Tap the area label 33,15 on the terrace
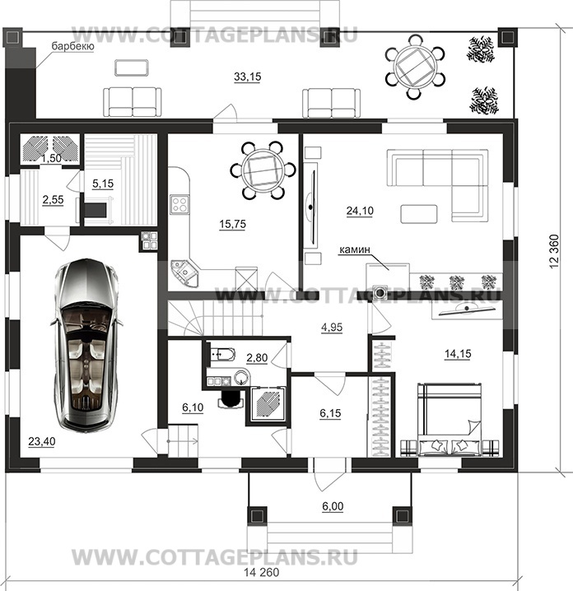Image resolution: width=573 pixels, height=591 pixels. (x=247, y=77)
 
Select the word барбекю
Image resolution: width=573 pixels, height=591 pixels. (x=72, y=46)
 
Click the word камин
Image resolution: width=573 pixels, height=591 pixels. (x=355, y=249)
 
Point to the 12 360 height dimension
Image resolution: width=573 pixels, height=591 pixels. (x=554, y=252)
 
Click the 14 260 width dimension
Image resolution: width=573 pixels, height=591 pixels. (x=262, y=573)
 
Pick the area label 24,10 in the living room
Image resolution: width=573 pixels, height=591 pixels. (x=360, y=211)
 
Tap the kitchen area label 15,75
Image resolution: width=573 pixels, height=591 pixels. (x=233, y=224)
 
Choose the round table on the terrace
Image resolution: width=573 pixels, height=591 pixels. (x=415, y=67)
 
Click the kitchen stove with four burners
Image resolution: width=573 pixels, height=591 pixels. (x=179, y=204)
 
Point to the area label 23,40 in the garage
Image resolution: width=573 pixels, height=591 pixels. (x=41, y=440)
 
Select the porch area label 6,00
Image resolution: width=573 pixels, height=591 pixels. (x=333, y=506)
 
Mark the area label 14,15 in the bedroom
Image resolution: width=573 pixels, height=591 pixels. (x=458, y=354)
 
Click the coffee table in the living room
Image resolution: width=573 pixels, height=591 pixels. (x=419, y=214)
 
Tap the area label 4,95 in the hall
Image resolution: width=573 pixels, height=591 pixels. (x=332, y=327)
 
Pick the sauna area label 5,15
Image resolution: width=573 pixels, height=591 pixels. (x=103, y=184)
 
